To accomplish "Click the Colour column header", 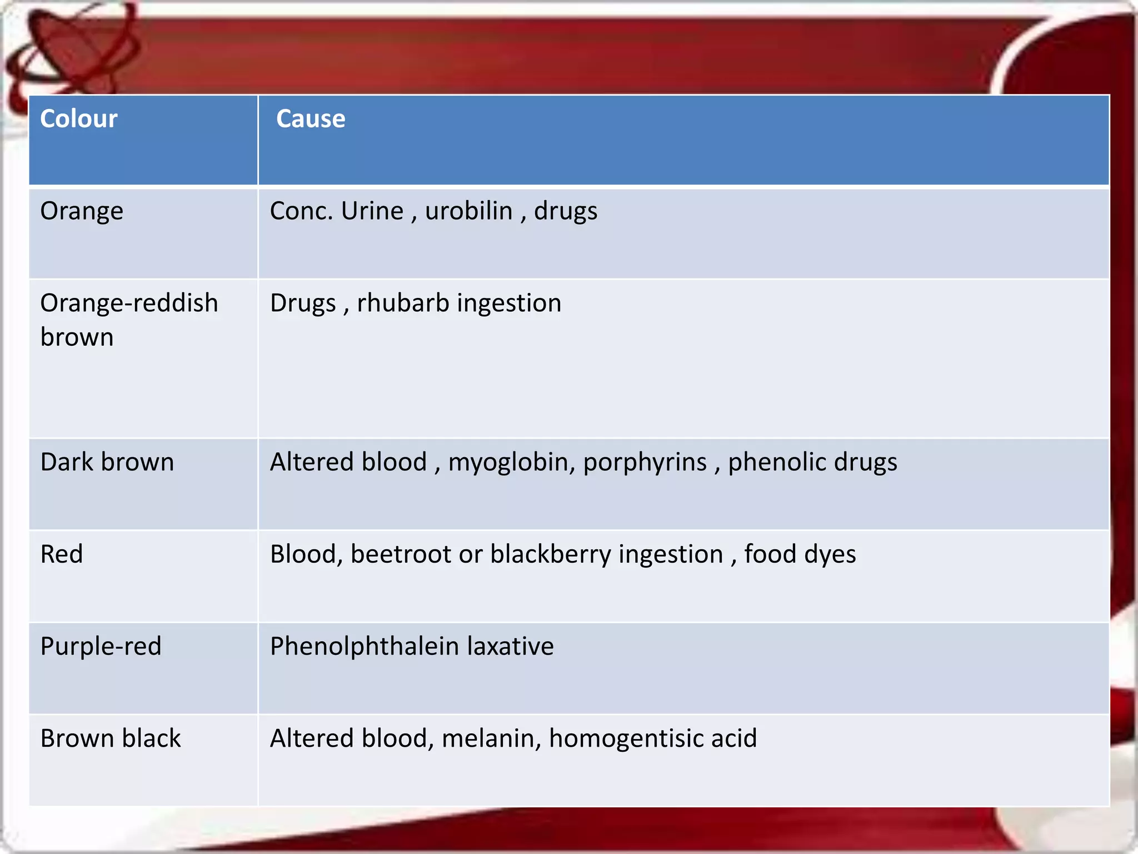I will [78, 119].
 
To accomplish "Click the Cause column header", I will [311, 119].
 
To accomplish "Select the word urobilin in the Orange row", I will [468, 211].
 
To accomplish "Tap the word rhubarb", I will [403, 303].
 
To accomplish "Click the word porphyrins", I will [645, 463].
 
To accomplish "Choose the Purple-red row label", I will [101, 647].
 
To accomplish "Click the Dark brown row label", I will [107, 462].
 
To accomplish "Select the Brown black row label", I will [111, 738].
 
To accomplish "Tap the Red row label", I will [62, 554].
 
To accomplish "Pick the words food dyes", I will [800, 554].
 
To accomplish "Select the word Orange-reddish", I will [129, 304].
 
